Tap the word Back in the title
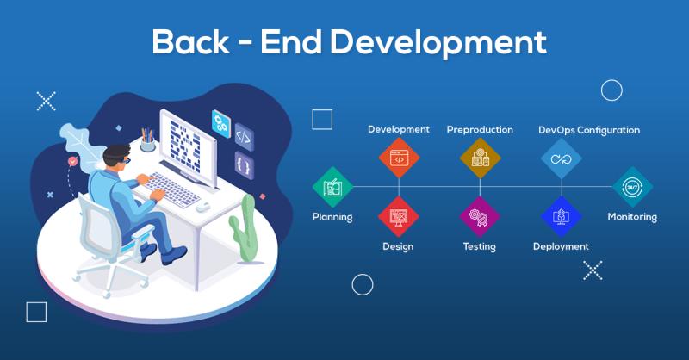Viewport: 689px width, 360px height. (188, 42)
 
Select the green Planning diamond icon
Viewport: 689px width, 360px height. (332, 186)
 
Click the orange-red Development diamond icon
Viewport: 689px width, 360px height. (399, 158)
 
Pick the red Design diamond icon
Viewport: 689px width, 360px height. (398, 215)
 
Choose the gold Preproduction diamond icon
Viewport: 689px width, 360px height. (480, 158)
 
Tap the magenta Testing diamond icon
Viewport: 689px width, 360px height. (479, 215)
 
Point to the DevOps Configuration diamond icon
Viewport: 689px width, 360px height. (562, 158)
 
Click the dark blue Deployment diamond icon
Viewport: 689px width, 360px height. (561, 215)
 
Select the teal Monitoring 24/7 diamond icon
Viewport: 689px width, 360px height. (632, 186)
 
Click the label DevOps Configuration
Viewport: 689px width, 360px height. (589, 130)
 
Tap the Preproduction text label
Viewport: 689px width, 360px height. (480, 130)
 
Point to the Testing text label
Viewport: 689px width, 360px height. (479, 247)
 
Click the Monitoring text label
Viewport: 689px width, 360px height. (632, 217)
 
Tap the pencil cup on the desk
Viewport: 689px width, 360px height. (148, 142)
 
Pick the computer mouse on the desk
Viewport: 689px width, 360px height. (204, 206)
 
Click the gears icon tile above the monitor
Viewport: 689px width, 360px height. (220, 121)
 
